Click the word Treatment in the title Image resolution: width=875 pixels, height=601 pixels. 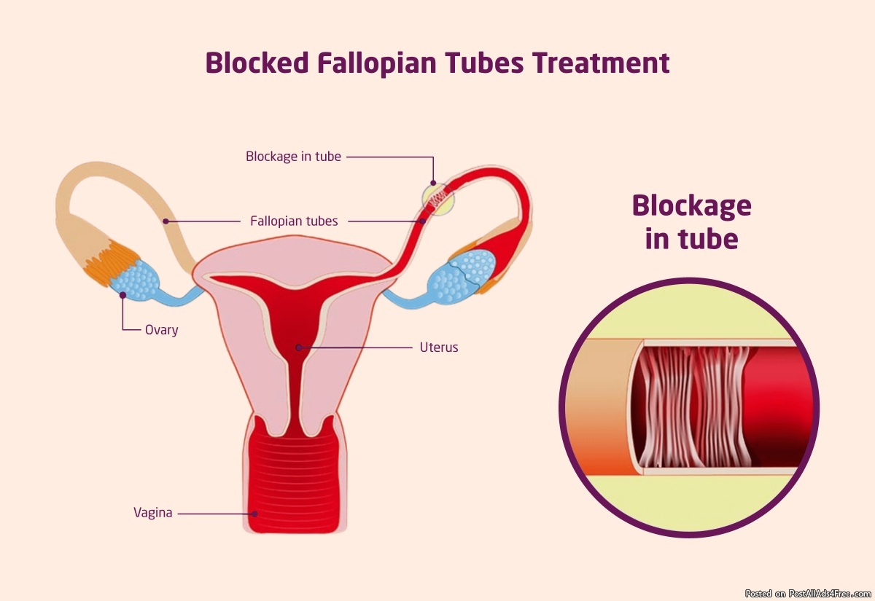click(601, 63)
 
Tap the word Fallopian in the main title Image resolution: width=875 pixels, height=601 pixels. click(376, 64)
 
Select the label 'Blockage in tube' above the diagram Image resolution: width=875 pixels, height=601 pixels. click(293, 157)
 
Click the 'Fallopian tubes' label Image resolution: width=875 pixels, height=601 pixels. click(294, 221)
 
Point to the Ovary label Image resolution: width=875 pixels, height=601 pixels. click(161, 330)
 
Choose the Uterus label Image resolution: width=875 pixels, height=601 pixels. click(439, 347)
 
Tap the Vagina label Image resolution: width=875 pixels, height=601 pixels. click(152, 512)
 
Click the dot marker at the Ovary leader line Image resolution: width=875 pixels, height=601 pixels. click(122, 295)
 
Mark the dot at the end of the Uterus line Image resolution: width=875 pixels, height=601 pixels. click(299, 347)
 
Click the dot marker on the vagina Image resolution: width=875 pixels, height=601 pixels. click(254, 514)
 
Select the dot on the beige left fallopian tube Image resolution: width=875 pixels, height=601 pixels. click(166, 221)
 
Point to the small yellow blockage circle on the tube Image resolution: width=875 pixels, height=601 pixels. click(438, 199)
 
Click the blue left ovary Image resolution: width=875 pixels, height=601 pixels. click(135, 280)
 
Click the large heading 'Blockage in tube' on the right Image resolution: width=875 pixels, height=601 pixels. click(691, 222)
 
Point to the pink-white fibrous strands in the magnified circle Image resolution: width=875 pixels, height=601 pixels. click(694, 406)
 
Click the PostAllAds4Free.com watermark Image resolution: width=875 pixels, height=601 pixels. click(808, 594)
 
